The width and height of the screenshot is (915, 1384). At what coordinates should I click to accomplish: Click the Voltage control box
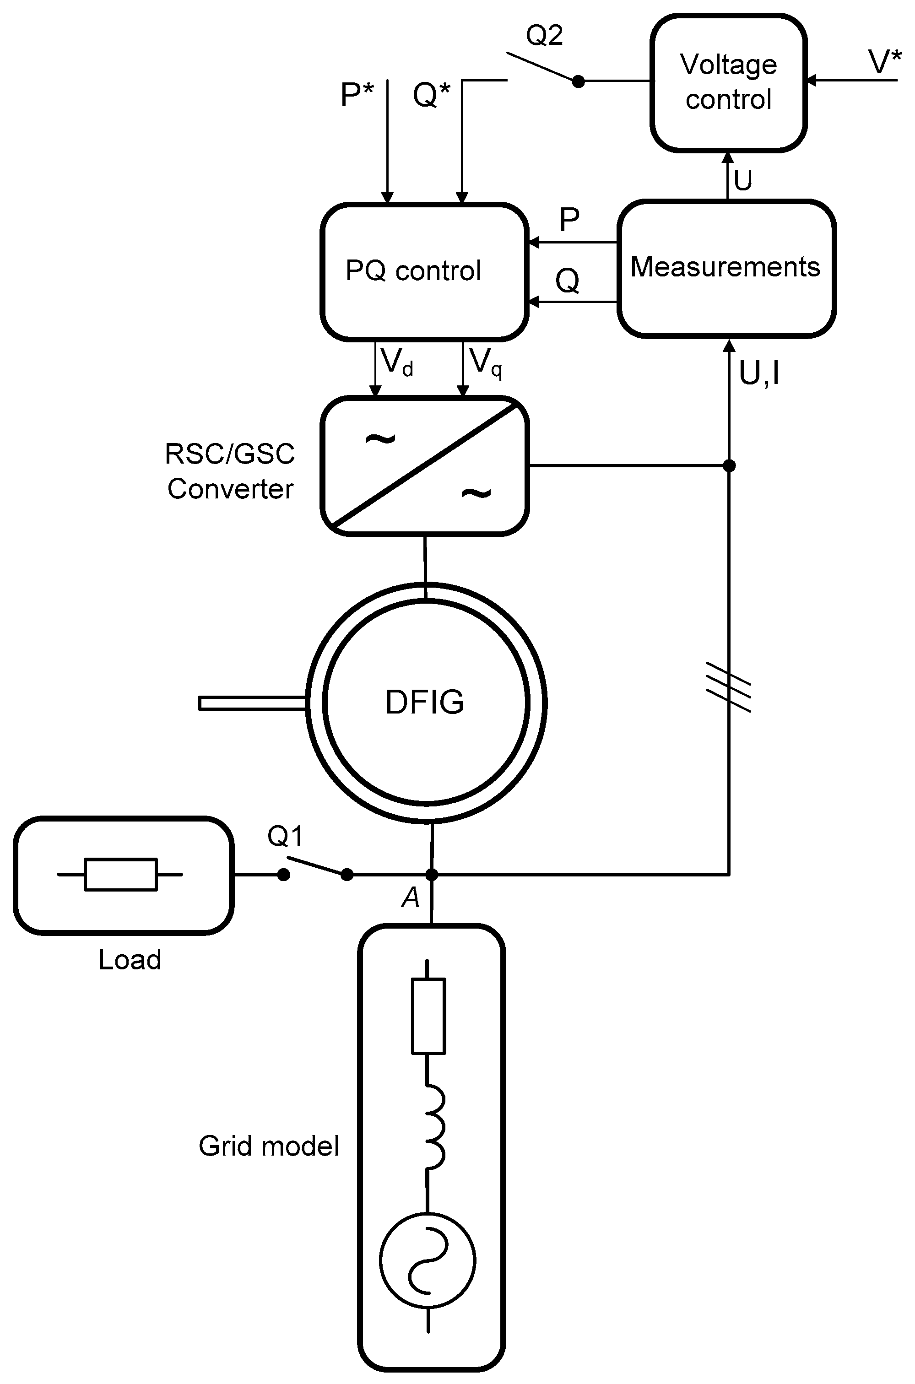click(x=728, y=83)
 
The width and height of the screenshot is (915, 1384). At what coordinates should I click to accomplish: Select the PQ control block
click(x=424, y=271)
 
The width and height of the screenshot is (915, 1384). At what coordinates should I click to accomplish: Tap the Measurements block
click(x=726, y=268)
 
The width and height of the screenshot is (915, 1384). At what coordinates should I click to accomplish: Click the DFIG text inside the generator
click(x=425, y=702)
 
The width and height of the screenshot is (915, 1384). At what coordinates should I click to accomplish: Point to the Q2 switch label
click(x=544, y=36)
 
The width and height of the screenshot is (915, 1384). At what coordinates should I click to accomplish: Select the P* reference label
click(x=357, y=95)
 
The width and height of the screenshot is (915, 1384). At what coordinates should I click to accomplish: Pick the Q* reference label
click(x=432, y=95)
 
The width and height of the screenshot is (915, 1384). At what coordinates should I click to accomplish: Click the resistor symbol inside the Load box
click(x=121, y=875)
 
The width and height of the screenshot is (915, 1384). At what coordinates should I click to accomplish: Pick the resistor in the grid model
click(x=429, y=1016)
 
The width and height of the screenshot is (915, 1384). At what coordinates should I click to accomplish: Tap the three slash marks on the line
click(x=729, y=687)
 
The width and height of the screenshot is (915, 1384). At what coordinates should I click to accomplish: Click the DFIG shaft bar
click(x=252, y=703)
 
